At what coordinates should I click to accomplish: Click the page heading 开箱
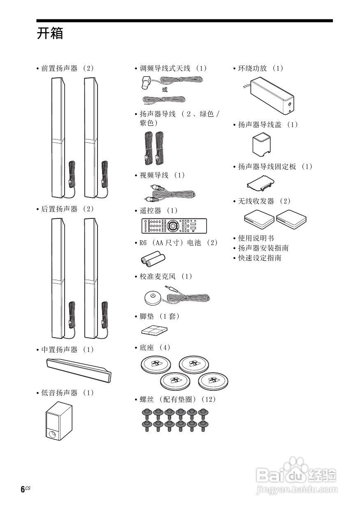click(x=50, y=34)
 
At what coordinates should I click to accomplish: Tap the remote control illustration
click(x=174, y=226)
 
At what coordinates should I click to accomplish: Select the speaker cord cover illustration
click(x=263, y=145)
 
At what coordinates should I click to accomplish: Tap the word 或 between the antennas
click(x=165, y=89)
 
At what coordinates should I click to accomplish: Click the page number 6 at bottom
click(x=23, y=489)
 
